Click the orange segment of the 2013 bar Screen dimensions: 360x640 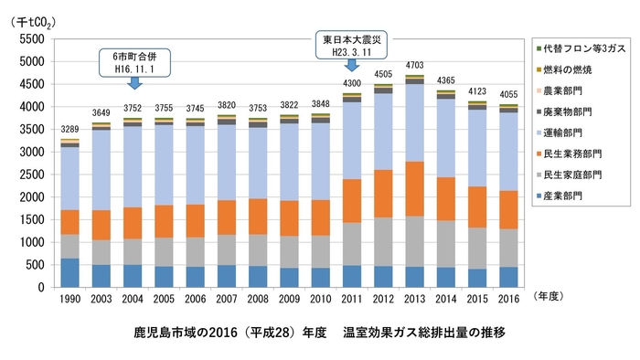[x=414, y=188]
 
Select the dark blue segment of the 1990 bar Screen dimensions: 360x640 [x=69, y=272]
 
